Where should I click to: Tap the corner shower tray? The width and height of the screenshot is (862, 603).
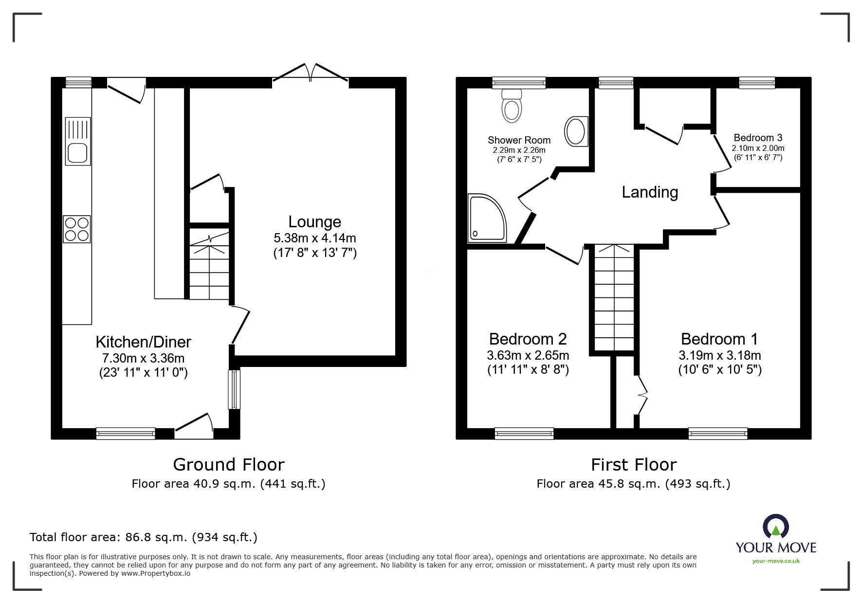485,219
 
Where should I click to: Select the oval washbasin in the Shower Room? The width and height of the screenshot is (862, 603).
576,131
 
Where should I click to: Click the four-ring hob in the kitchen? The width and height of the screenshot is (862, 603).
77,229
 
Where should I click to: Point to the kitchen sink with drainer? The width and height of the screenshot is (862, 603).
78,142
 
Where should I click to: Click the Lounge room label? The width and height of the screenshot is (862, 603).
314,222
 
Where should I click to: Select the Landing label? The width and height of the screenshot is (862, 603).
650,192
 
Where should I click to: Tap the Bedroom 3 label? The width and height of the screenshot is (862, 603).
758,138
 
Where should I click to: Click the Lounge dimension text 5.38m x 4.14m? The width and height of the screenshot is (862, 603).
314,238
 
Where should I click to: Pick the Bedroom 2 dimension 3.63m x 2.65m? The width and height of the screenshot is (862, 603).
528,355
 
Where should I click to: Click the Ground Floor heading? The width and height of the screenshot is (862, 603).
228,465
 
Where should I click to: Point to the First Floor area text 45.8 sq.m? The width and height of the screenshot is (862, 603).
633,484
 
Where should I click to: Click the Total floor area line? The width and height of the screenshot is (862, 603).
144,537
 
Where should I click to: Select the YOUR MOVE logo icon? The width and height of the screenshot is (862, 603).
776,528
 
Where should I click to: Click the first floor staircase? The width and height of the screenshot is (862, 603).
614,297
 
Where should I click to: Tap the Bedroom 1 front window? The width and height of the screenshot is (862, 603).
718,433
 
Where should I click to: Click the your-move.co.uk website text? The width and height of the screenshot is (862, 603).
776,561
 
